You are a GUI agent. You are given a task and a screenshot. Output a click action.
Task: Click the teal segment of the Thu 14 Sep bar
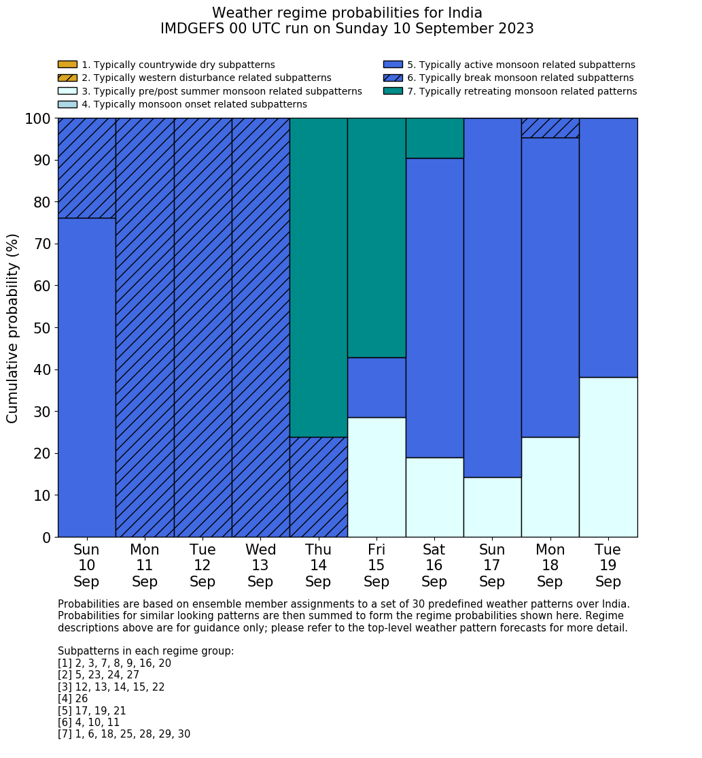click(318, 277)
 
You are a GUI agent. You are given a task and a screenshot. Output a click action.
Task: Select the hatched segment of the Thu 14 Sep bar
click(318, 487)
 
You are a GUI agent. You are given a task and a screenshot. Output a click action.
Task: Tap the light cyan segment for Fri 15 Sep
click(376, 477)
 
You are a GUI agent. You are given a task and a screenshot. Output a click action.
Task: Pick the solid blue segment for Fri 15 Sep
click(376, 387)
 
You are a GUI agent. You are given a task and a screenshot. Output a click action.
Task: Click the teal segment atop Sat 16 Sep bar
click(434, 138)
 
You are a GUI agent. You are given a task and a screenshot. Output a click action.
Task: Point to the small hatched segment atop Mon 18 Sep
click(550, 128)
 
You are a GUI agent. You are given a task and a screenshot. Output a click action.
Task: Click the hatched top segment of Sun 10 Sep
click(86, 168)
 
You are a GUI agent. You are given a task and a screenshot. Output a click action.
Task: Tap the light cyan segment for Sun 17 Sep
click(492, 507)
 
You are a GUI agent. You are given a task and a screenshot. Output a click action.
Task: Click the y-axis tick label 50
click(42, 328)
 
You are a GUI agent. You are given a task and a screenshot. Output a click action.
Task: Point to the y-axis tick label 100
click(38, 119)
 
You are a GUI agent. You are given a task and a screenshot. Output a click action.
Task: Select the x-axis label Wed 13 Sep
click(260, 565)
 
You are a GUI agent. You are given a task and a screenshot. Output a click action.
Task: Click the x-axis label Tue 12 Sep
click(203, 565)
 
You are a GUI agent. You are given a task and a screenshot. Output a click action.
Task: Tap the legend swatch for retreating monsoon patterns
click(393, 91)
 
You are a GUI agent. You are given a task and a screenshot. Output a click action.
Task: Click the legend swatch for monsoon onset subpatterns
click(67, 104)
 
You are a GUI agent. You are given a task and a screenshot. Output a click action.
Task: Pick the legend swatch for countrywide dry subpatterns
click(67, 65)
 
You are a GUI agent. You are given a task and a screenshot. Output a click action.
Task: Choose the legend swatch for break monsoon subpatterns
click(393, 78)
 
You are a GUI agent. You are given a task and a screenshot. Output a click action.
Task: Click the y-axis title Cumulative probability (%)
click(13, 328)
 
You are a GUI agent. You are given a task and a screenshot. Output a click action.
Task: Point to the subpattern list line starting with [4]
click(73, 699)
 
